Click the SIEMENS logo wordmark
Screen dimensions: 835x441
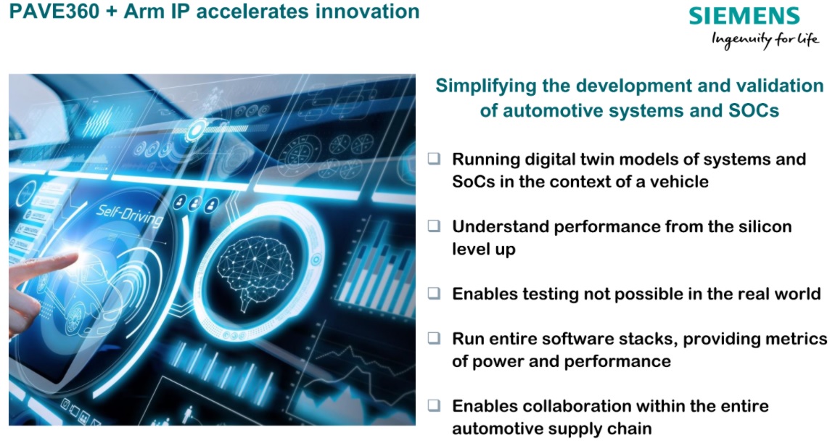(744, 16)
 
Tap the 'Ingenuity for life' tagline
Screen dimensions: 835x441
(765, 39)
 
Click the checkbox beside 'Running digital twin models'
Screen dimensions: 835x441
(434, 158)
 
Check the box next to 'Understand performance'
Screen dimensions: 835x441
(434, 226)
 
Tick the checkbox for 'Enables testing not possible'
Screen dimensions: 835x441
(434, 293)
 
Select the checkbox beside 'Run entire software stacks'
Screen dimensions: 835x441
(434, 338)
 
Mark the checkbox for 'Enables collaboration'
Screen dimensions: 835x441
(434, 405)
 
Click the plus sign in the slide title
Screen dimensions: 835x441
(111, 12)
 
